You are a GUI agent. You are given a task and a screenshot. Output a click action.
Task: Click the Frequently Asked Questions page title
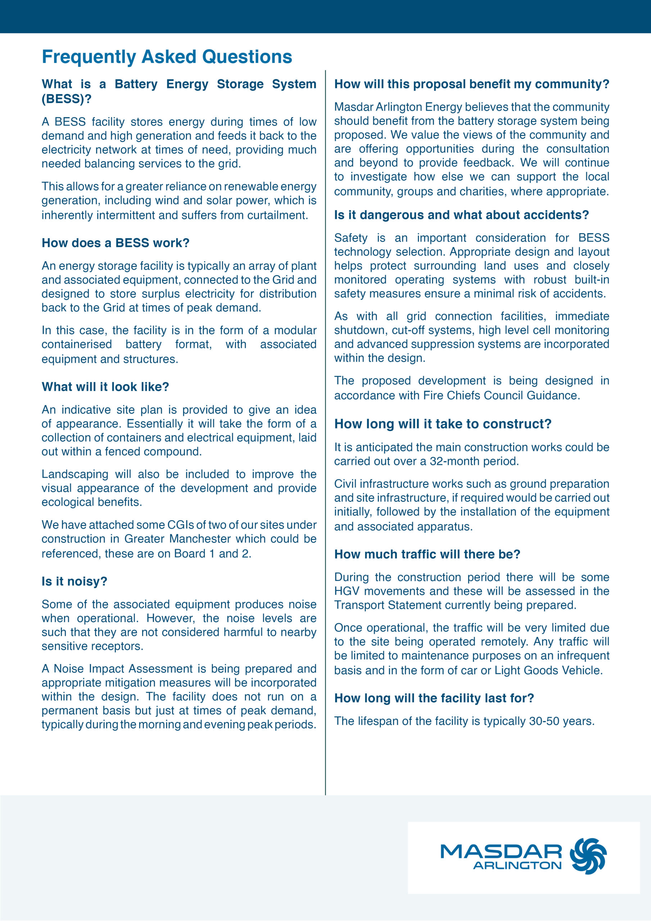click(167, 56)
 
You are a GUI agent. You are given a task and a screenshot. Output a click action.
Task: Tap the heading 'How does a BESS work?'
click(115, 243)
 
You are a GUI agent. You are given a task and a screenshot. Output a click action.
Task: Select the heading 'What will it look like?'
click(105, 387)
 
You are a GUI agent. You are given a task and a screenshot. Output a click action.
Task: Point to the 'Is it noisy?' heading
click(74, 581)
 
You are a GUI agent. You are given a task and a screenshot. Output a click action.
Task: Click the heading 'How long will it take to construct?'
click(443, 424)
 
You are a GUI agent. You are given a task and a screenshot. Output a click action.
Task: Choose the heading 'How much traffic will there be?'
click(427, 554)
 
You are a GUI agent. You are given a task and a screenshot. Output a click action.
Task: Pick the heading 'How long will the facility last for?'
click(434, 698)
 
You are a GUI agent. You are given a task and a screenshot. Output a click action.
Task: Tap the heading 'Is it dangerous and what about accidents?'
click(461, 215)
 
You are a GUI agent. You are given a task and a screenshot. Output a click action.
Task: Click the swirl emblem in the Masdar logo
click(588, 856)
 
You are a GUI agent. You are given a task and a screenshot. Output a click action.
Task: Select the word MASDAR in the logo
click(501, 851)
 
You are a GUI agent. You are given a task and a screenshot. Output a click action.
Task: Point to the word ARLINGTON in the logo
click(518, 865)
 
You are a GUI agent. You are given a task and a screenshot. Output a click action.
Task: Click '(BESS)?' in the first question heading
click(67, 99)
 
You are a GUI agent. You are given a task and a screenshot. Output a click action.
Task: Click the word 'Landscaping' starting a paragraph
click(74, 474)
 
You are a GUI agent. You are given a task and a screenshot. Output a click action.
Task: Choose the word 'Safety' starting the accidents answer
click(351, 238)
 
